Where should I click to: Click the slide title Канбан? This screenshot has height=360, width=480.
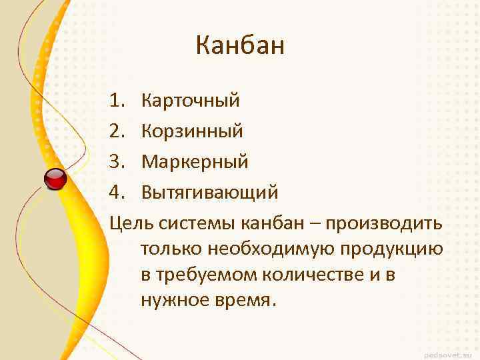point(240,46)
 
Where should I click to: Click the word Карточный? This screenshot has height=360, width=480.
point(191,101)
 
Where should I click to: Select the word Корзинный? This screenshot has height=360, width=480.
point(192,131)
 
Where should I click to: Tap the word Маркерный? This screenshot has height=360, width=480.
point(195,161)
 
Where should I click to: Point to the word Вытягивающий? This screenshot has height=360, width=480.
point(209,193)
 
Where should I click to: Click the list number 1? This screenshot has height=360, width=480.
point(118,101)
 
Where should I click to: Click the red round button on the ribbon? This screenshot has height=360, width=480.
point(55,179)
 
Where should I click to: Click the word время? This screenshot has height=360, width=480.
point(241,300)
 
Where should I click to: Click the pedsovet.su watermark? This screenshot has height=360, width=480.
point(447,351)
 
